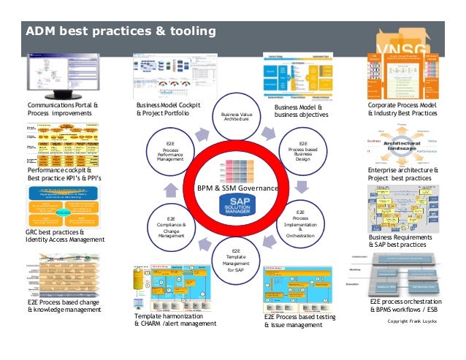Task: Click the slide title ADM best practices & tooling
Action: coord(121,31)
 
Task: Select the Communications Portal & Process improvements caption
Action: coord(63,110)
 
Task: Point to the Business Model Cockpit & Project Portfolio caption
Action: coord(167,110)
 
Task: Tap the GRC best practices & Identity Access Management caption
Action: coord(61,237)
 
